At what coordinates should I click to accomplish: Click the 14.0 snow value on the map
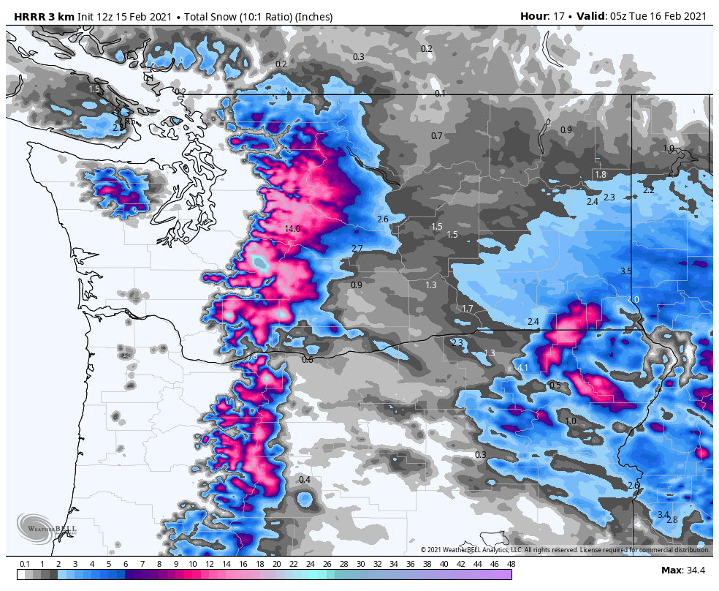point(292,229)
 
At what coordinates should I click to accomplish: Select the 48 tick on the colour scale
point(511,564)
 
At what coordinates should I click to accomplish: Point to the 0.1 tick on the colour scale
point(25,564)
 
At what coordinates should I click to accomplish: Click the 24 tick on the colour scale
point(310,564)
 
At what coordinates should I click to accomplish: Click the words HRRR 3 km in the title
point(44,16)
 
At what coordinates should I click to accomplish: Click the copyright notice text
point(565,549)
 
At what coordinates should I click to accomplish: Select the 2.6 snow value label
point(382,219)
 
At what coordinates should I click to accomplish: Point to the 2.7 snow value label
point(357,249)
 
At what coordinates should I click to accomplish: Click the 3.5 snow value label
point(625,271)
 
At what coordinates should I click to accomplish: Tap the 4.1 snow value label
point(522,368)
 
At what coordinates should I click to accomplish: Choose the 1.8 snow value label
point(601,175)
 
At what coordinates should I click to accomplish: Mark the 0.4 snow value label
point(305,480)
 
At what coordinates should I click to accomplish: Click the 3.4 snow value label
point(663,515)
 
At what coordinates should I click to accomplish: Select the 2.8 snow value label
point(672,520)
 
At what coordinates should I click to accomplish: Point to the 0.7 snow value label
point(437,136)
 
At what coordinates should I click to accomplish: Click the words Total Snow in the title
point(214,16)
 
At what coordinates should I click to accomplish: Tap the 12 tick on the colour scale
point(210,564)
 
